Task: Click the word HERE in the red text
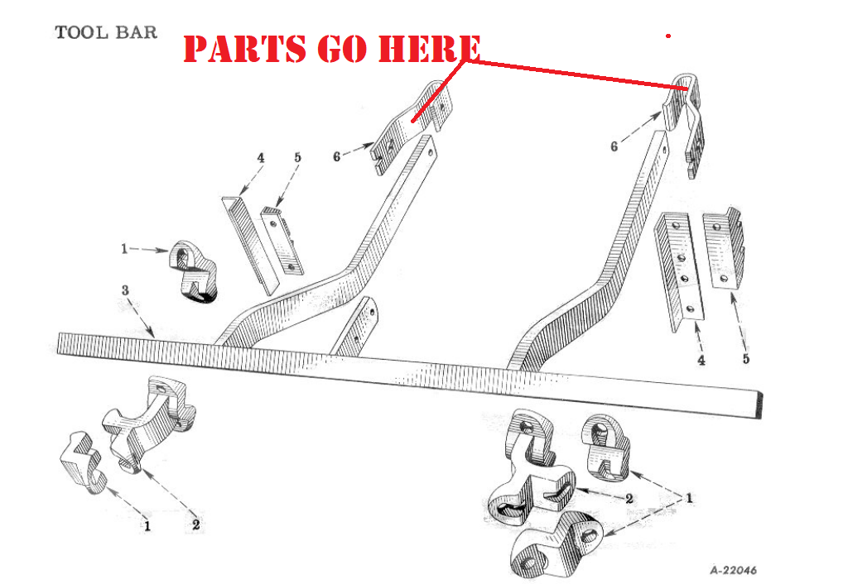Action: pyautogui.click(x=429, y=48)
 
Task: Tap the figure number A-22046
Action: pyautogui.click(x=734, y=570)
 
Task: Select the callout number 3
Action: pyautogui.click(x=125, y=290)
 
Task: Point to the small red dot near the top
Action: pyautogui.click(x=668, y=36)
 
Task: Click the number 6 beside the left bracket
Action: pyautogui.click(x=337, y=156)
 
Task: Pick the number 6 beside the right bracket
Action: pyautogui.click(x=614, y=146)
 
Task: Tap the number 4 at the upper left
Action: pyautogui.click(x=261, y=158)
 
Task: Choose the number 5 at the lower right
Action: pyautogui.click(x=746, y=359)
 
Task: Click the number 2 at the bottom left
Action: pyautogui.click(x=195, y=524)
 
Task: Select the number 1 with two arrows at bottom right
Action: pyautogui.click(x=689, y=498)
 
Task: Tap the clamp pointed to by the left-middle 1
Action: pyautogui.click(x=193, y=271)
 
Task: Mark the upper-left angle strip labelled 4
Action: pyautogui.click(x=249, y=246)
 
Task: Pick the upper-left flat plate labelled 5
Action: pyautogui.click(x=282, y=241)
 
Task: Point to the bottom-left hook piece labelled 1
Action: pyautogui.click(x=80, y=462)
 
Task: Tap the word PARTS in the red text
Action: pyautogui.click(x=247, y=48)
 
